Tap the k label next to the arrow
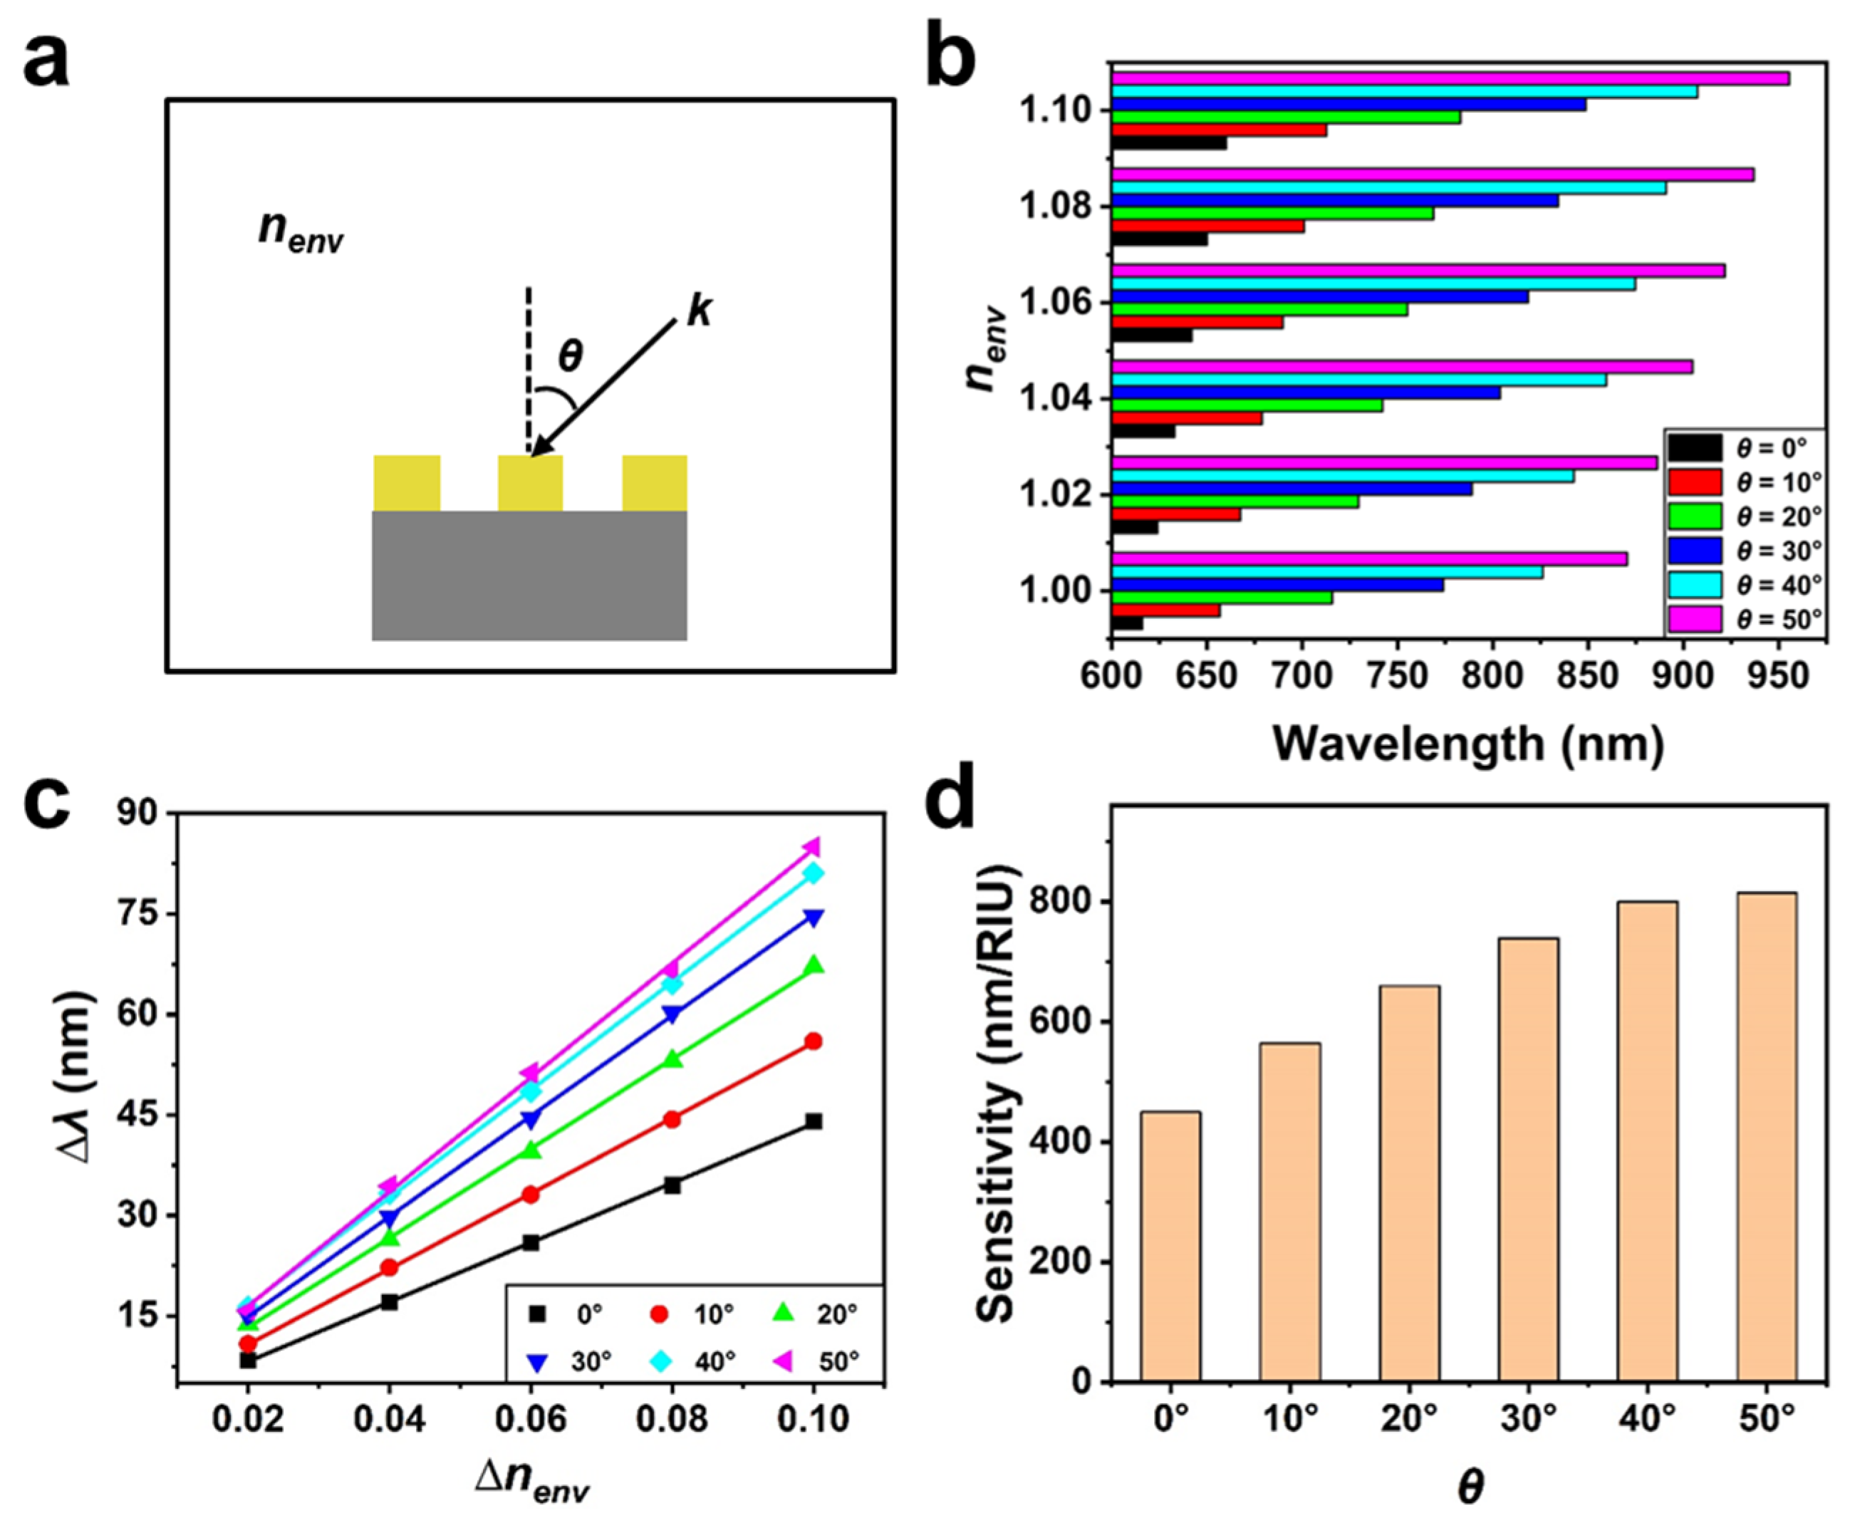pyautogui.click(x=699, y=311)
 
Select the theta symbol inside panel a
pyautogui.click(x=570, y=356)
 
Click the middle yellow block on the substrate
pyautogui.click(x=530, y=483)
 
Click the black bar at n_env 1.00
pyautogui.click(x=1127, y=623)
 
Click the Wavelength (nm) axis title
pyautogui.click(x=1468, y=745)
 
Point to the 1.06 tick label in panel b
pyautogui.click(x=1055, y=303)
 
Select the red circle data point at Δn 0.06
pyautogui.click(x=531, y=1195)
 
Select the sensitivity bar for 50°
pyautogui.click(x=1766, y=1137)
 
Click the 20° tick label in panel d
pyautogui.click(x=1409, y=1418)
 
